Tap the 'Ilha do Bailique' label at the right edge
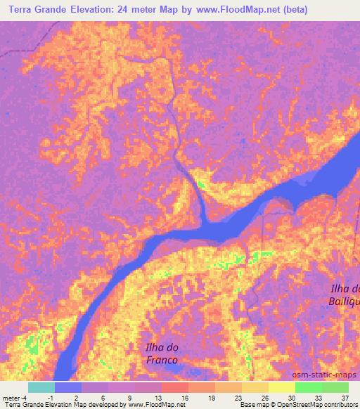(x=346, y=295)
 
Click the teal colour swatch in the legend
(x=41, y=387)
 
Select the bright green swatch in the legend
(x=309, y=387)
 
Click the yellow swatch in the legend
(x=281, y=387)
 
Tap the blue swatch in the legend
(x=68, y=387)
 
